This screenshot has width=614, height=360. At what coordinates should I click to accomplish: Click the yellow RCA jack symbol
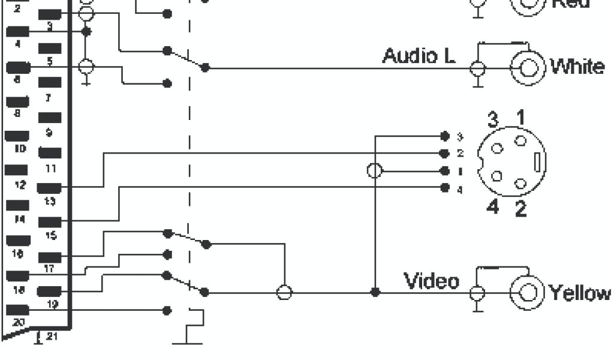click(x=528, y=293)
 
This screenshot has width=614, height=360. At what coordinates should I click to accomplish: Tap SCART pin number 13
click(x=50, y=203)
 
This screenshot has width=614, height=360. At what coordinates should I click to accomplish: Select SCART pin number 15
click(x=50, y=236)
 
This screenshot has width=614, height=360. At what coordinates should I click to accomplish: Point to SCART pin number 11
click(x=50, y=168)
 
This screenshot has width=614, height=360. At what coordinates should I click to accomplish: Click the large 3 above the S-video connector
click(x=492, y=119)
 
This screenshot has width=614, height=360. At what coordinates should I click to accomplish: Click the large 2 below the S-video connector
click(x=520, y=210)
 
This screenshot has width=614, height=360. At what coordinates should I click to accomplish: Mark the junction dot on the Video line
click(x=375, y=292)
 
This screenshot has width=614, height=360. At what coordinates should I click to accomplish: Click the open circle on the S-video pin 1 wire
click(x=375, y=171)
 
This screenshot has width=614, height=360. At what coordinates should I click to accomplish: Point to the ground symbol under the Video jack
click(x=478, y=308)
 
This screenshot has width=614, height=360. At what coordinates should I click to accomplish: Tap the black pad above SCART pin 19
click(x=50, y=292)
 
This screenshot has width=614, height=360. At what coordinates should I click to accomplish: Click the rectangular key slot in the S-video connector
click(x=538, y=162)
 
